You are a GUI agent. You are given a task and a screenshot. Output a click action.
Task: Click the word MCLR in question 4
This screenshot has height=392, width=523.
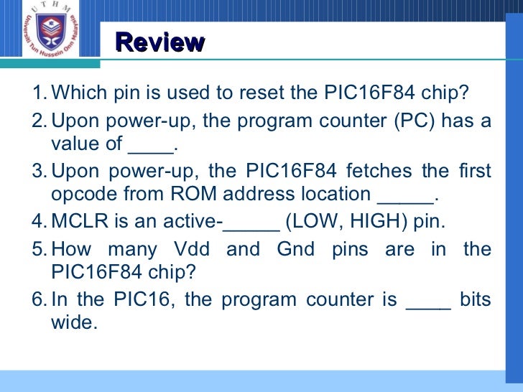tap(80, 220)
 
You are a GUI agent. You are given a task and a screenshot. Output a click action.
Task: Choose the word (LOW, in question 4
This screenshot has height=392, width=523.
tap(313, 220)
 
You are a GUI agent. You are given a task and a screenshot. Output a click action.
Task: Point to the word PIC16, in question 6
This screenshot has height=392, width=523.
tap(142, 299)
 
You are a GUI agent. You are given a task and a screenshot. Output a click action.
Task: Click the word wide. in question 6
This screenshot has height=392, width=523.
tap(73, 323)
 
